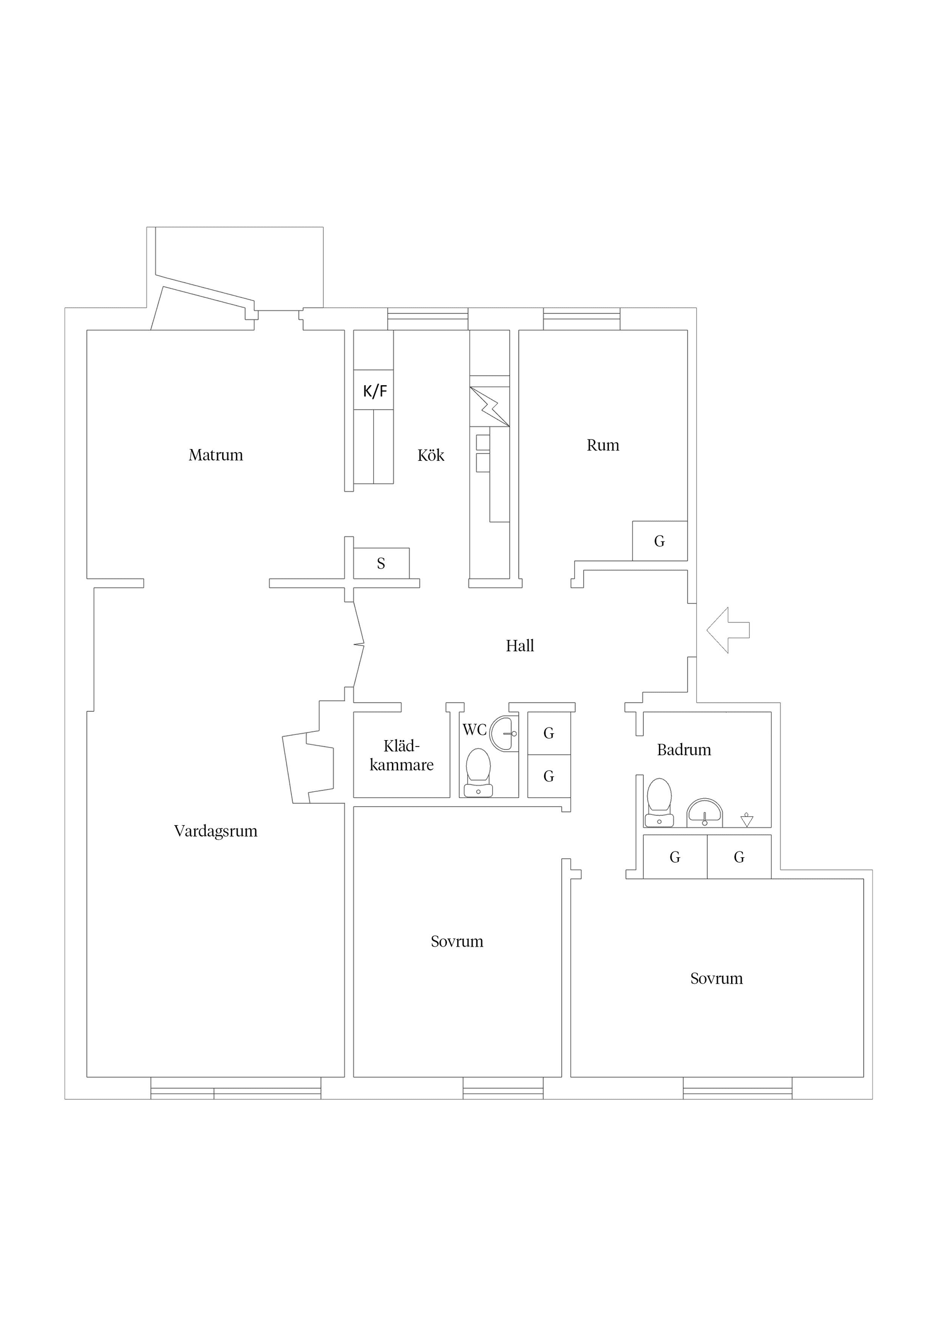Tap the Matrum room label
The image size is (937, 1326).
coord(215,455)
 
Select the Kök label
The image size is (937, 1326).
coord(431,456)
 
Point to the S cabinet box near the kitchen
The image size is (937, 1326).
coord(381,563)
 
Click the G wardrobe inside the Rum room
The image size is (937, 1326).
coord(659,541)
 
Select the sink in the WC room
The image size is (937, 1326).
coord(505,733)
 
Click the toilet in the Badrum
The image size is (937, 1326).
coord(659,802)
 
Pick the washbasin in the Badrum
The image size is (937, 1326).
coord(704,813)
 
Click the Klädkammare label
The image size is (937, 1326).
coord(401,755)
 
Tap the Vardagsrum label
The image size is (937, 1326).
coord(215,831)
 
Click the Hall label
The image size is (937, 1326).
coord(520,646)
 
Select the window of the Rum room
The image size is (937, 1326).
coord(581,319)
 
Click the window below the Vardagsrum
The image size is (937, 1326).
coord(236,1088)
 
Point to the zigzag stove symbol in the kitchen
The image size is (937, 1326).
coord(489,407)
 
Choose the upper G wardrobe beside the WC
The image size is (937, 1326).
coord(549,733)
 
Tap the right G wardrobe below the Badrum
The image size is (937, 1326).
coord(739,857)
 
